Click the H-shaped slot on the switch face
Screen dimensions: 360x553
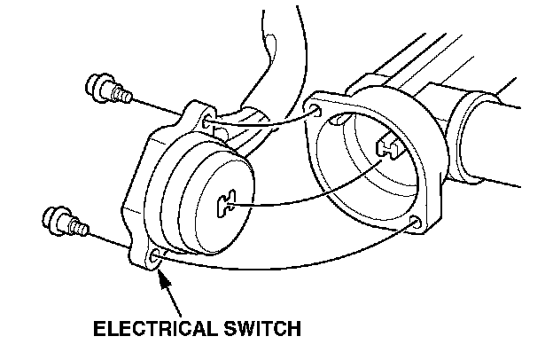point(226,205)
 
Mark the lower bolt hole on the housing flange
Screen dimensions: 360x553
point(414,223)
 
